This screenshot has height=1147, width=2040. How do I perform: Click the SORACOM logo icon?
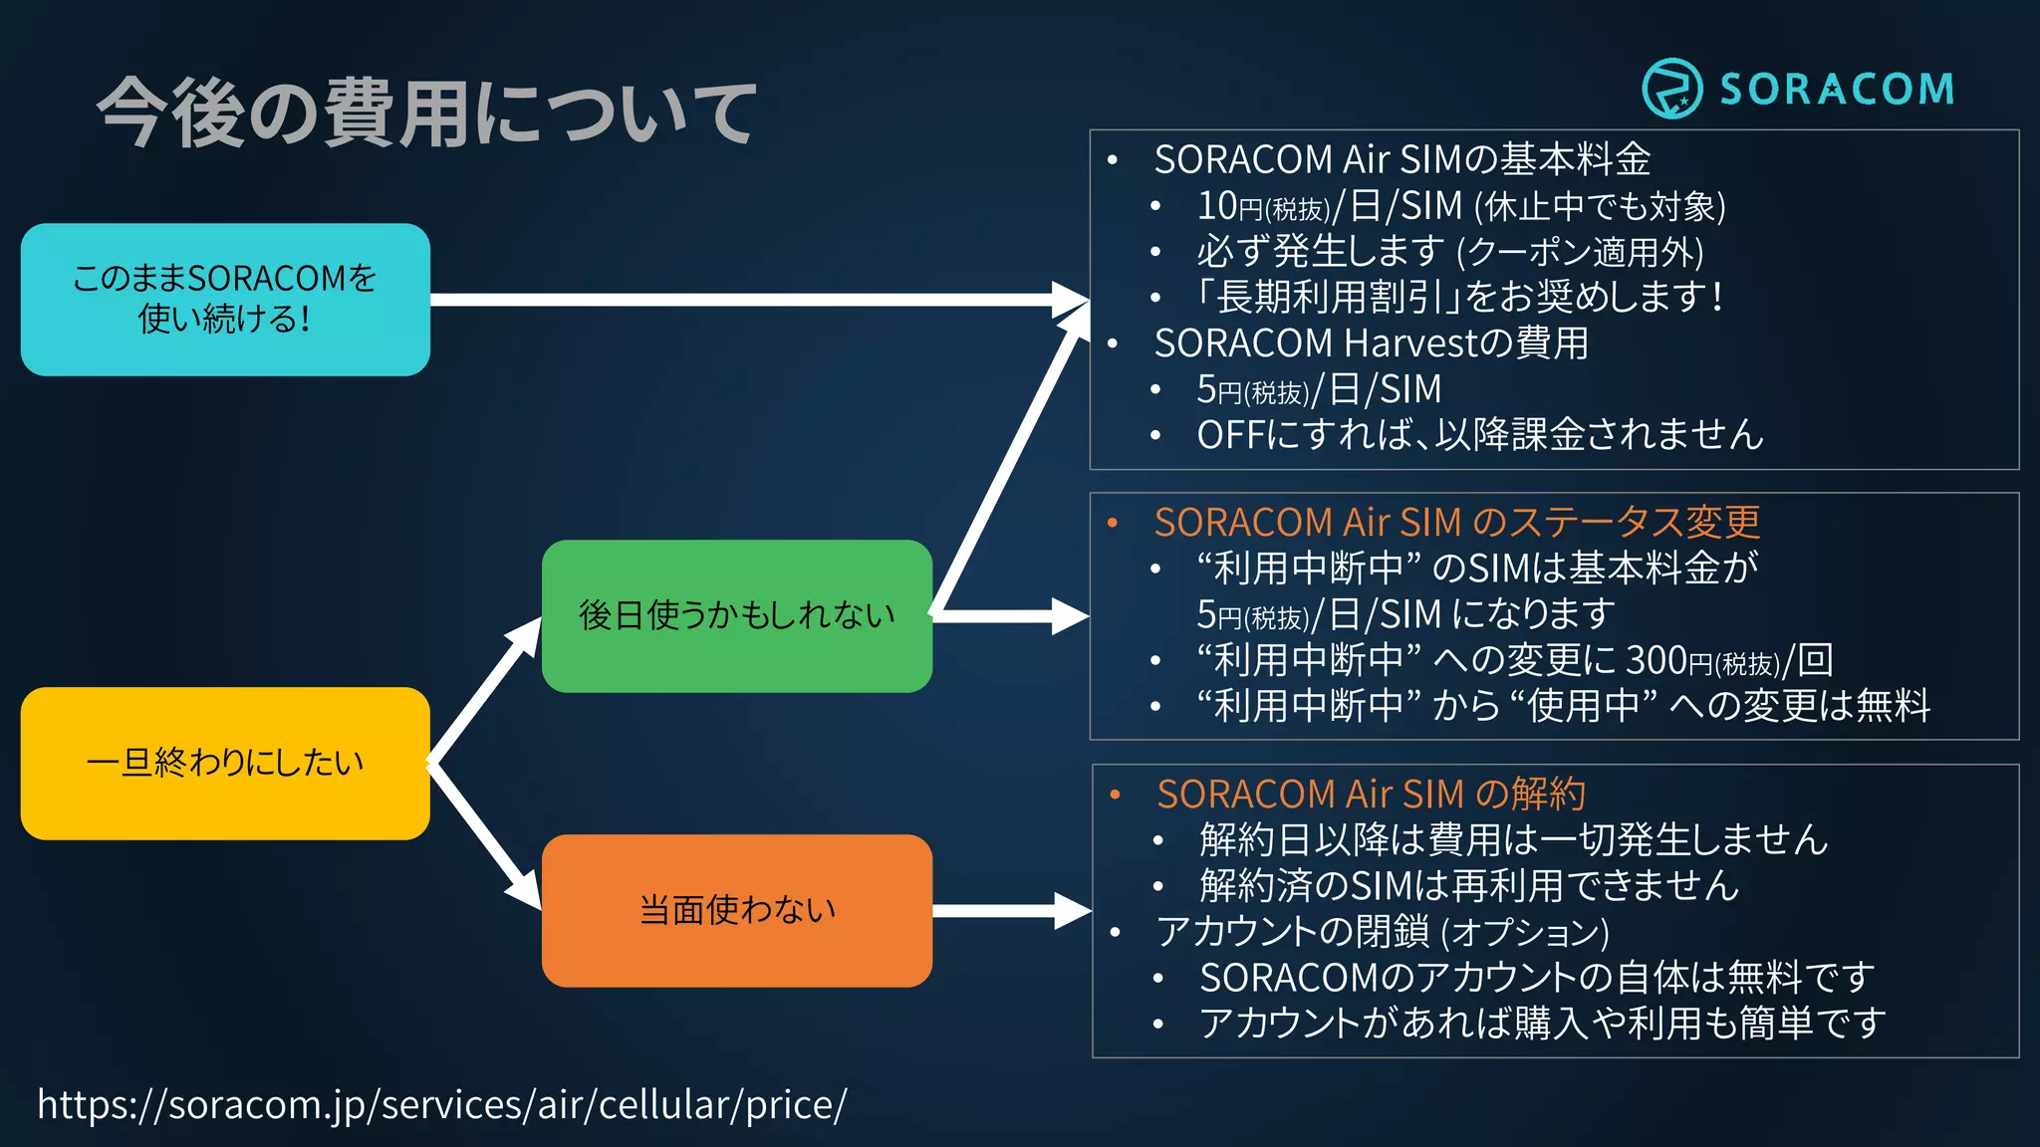point(1671,89)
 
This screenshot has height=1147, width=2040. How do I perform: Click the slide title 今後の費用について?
point(426,113)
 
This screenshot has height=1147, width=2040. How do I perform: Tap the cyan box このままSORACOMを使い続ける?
point(225,299)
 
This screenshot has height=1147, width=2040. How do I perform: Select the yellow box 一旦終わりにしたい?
point(225,763)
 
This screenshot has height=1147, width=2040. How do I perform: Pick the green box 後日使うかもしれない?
point(736,615)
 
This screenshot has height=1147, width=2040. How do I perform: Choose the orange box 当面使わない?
point(736,910)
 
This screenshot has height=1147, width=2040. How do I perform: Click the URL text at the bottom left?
point(441,1104)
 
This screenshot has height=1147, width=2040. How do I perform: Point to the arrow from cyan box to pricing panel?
point(757,299)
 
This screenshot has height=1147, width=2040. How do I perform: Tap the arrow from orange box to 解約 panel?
point(1011,910)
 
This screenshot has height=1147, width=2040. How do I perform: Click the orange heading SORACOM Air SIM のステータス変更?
point(1456,522)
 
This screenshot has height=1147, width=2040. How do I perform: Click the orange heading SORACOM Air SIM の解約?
point(1371,794)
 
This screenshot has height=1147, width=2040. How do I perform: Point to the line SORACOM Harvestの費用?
point(1371,343)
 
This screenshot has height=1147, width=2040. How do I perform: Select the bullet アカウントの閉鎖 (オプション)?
point(1383,932)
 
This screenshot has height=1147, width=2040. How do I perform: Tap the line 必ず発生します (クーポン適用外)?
point(1450,251)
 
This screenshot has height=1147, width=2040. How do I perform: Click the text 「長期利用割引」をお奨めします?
point(1458,297)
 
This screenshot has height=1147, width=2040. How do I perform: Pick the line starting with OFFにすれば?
point(1480,434)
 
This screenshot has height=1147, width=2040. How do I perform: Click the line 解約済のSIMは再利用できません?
point(1469,885)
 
